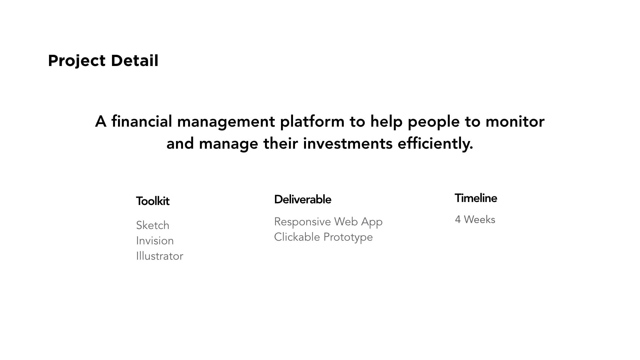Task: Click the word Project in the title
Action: tap(77, 61)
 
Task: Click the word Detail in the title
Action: tap(134, 60)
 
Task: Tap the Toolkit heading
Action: tap(153, 201)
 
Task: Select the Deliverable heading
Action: tap(303, 199)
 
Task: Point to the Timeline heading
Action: tap(476, 198)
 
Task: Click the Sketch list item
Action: tap(153, 225)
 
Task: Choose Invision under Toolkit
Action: tap(155, 241)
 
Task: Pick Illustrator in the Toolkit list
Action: tap(160, 256)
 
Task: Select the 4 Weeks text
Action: tap(475, 220)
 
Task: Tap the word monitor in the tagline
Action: tap(515, 122)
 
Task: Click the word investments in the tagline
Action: tap(348, 144)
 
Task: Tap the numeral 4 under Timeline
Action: tap(458, 220)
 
